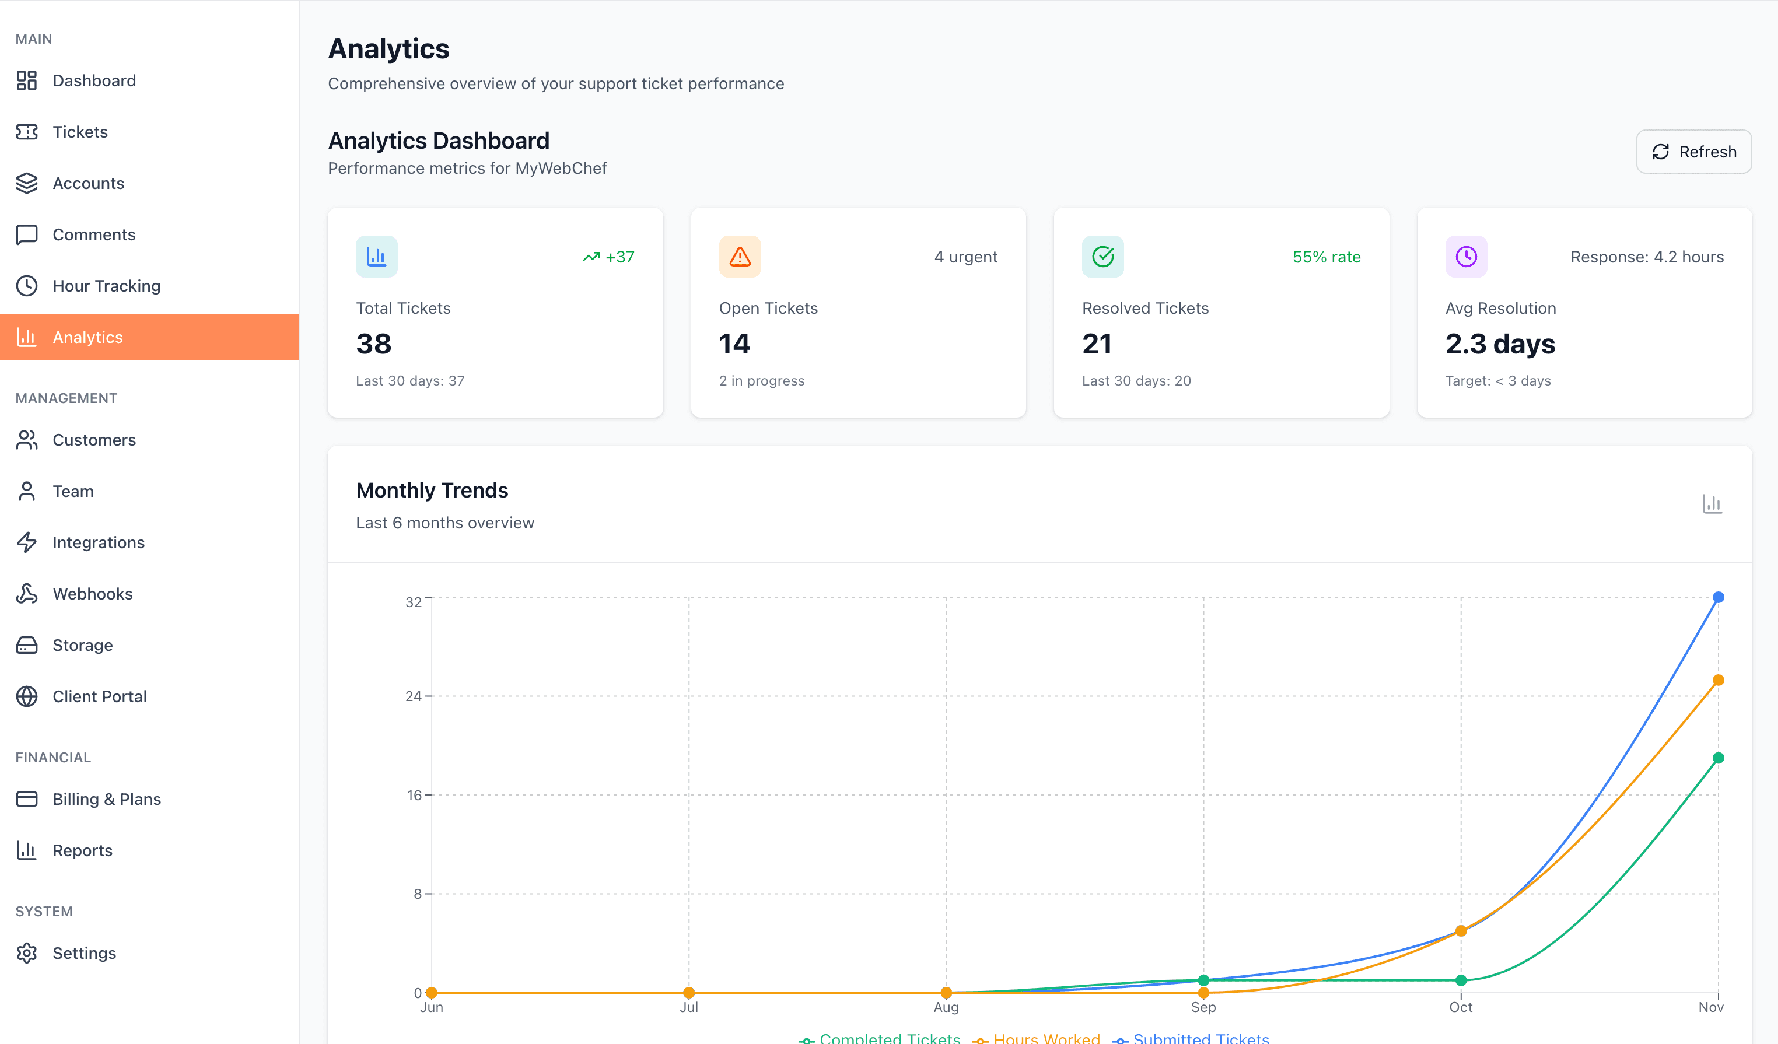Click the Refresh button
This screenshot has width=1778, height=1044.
(1693, 152)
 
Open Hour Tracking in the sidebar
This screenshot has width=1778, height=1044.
(106, 286)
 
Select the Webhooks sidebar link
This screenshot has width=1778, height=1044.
(92, 594)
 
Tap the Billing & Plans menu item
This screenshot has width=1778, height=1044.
(107, 799)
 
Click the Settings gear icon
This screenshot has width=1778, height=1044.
(27, 953)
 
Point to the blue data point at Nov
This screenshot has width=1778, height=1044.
(1718, 597)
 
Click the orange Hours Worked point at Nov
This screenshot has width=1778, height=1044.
(1718, 681)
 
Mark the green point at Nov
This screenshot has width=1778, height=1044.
(1718, 758)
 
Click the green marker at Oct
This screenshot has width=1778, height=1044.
(1461, 980)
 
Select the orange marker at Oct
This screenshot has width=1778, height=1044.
(1461, 931)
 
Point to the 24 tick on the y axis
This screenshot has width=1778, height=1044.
(414, 696)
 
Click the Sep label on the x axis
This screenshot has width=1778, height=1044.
(1203, 1007)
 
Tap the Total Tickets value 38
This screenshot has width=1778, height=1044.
(373, 344)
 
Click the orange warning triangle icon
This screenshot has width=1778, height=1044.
(740, 257)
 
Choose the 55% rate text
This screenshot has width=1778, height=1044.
(1326, 257)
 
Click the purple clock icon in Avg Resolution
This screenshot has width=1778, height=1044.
(1465, 257)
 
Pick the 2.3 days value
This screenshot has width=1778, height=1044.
(1499, 344)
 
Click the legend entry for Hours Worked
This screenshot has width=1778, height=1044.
(1046, 1038)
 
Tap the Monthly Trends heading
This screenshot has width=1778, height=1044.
(432, 491)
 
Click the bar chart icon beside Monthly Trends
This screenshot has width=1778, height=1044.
(1711, 504)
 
